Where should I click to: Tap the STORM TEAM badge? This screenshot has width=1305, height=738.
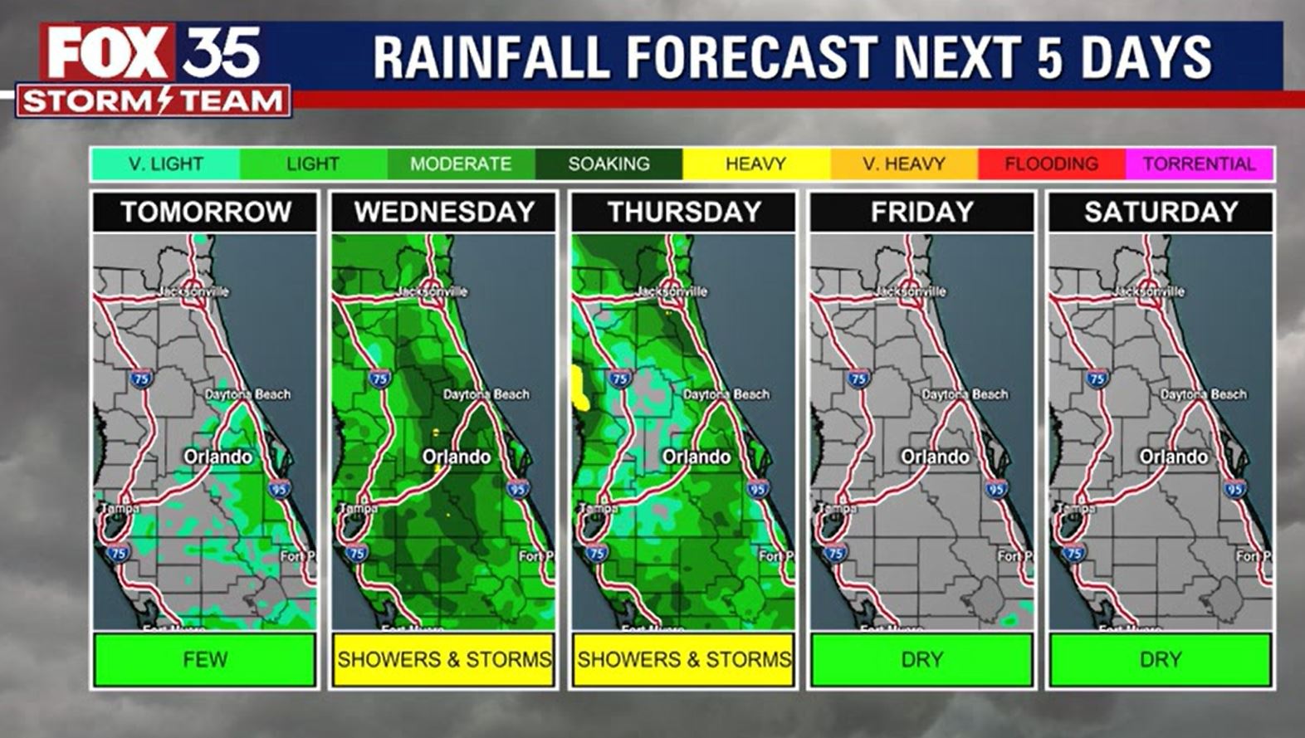click(154, 101)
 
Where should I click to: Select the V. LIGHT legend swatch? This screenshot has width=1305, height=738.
click(165, 164)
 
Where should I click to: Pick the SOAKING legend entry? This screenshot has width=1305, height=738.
click(609, 164)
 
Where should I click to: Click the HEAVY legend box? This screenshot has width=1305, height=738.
click(755, 164)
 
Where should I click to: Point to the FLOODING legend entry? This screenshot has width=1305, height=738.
click(1051, 164)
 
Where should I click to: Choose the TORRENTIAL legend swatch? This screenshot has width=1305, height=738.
click(1199, 164)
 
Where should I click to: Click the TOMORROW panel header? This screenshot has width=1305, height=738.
click(205, 213)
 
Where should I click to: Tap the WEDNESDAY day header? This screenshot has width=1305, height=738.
click(444, 213)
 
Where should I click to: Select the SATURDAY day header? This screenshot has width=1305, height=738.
click(1161, 213)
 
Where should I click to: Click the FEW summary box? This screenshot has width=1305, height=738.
click(205, 660)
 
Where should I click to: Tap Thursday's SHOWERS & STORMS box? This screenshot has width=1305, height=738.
click(683, 660)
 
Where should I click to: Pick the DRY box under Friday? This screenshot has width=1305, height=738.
click(922, 660)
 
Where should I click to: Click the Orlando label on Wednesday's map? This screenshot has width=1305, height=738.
click(457, 457)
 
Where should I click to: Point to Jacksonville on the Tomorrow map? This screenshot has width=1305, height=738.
click(194, 291)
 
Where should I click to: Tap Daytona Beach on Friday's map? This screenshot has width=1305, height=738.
click(965, 394)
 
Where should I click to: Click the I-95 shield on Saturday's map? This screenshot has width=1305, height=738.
click(1234, 489)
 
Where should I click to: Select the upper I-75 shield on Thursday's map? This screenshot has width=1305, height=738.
click(619, 379)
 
